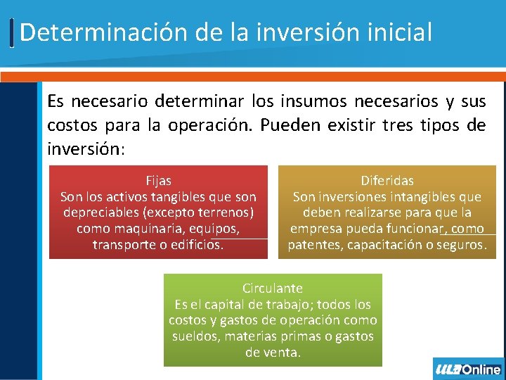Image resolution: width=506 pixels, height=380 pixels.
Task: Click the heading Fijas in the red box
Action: pos(158,181)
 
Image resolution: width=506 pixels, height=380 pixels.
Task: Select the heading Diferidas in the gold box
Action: pos(387,181)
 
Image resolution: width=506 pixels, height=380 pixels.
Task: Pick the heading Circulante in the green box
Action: pos(273,289)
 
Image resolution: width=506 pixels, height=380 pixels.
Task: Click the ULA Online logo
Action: pos(468,369)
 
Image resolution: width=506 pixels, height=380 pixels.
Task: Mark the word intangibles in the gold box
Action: pos(410,197)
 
